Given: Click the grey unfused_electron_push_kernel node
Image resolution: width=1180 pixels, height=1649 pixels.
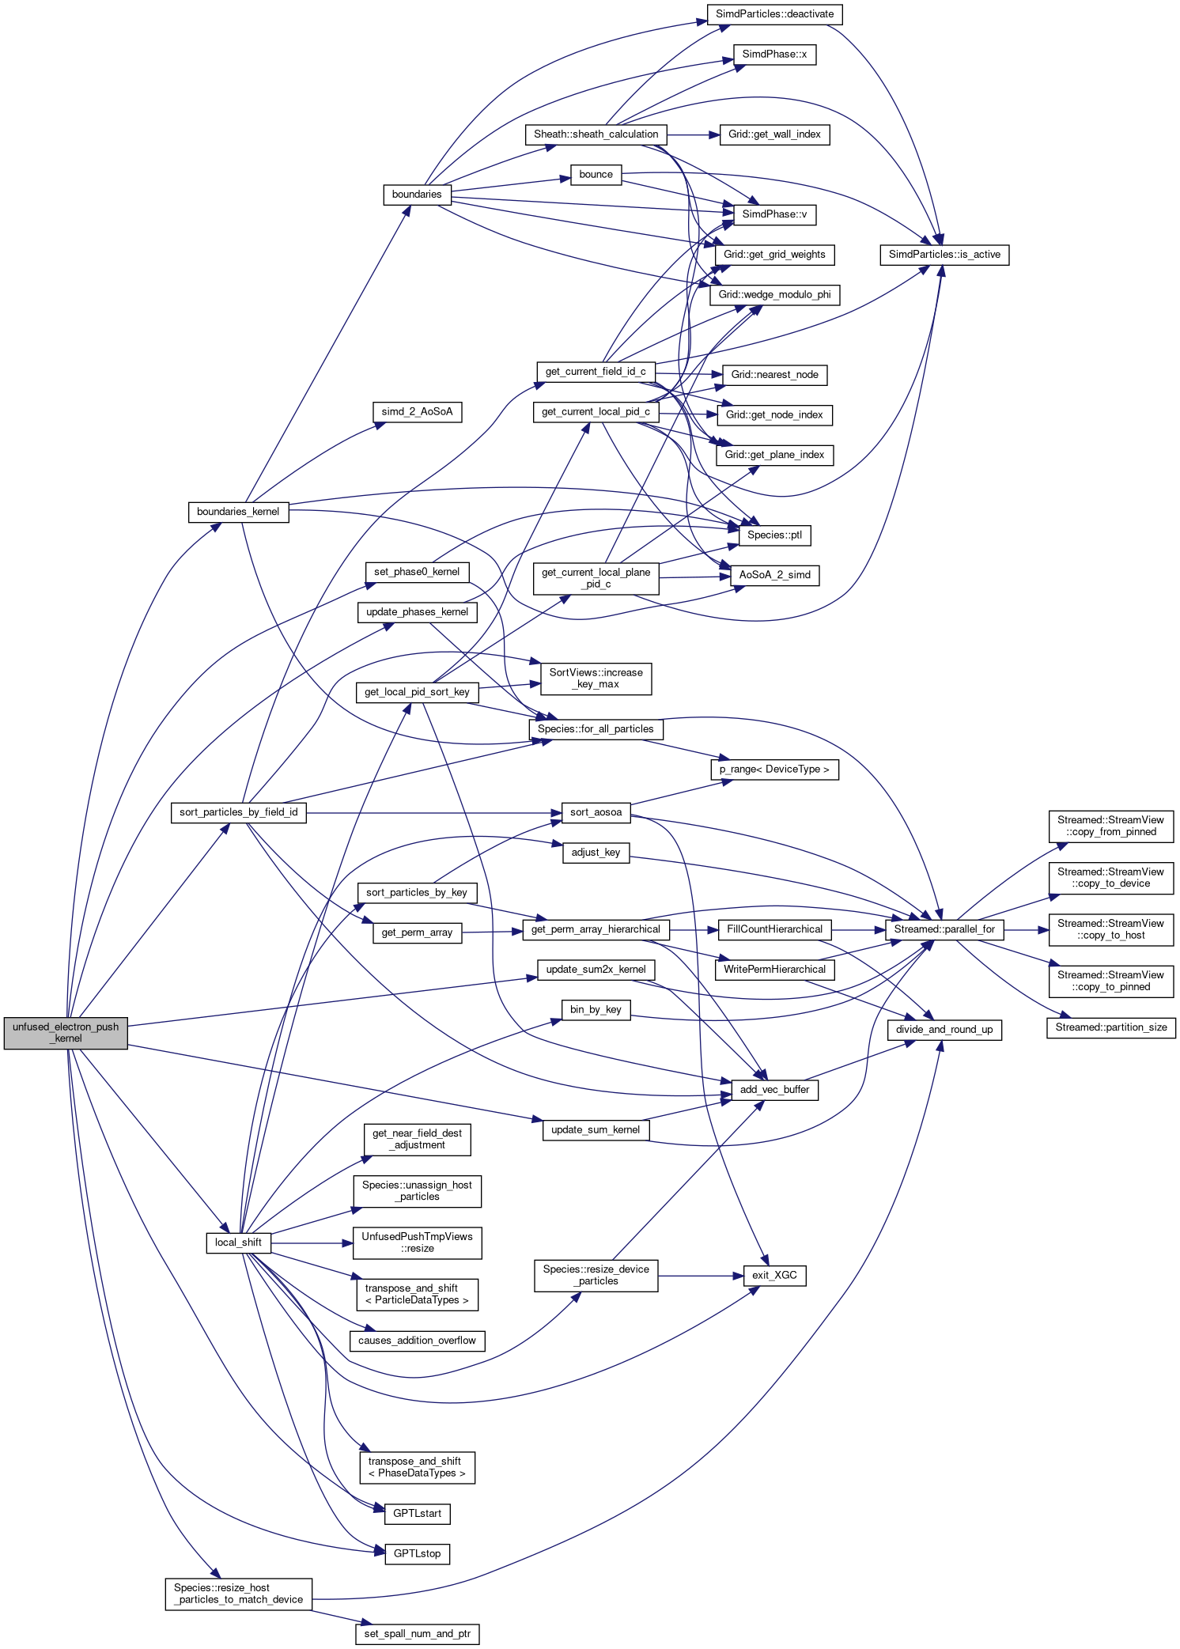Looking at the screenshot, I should coord(66,1033).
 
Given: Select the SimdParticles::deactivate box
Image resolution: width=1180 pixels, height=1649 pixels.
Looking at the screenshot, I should coord(774,14).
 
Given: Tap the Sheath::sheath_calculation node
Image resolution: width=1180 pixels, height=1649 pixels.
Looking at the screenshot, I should coord(596,134).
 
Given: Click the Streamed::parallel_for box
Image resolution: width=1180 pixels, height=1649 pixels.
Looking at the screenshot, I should coord(944,929).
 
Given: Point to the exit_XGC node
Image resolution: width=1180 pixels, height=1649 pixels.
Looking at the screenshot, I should coord(774,1275).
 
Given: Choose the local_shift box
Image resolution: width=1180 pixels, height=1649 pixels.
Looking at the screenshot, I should coord(238,1242).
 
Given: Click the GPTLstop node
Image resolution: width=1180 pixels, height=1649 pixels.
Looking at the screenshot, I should coord(417,1553).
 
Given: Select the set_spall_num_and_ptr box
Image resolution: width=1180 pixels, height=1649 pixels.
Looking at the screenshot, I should coord(417,1634).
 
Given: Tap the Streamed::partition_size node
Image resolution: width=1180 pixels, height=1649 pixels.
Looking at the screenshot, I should coord(1110,1027).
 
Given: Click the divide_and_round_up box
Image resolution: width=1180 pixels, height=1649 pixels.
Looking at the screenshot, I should coord(944,1030).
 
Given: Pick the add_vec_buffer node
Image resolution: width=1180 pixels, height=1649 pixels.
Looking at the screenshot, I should coord(774,1090).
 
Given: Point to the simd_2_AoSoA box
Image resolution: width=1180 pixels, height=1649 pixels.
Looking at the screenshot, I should coord(417,412).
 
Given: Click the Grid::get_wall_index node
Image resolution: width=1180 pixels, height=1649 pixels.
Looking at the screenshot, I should coord(774,134).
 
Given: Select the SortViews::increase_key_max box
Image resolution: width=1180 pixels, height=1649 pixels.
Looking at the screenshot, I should coord(596,679).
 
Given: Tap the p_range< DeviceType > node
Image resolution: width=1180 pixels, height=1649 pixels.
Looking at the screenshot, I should coord(774,770).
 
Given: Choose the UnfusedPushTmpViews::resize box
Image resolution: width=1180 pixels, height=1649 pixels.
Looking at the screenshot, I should coord(417,1242).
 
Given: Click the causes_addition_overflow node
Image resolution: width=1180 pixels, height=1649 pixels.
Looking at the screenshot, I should coord(417,1341).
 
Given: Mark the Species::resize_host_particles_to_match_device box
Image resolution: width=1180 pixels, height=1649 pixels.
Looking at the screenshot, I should coord(238,1594).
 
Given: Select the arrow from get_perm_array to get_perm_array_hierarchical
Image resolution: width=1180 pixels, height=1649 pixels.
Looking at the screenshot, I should coord(492,932).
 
